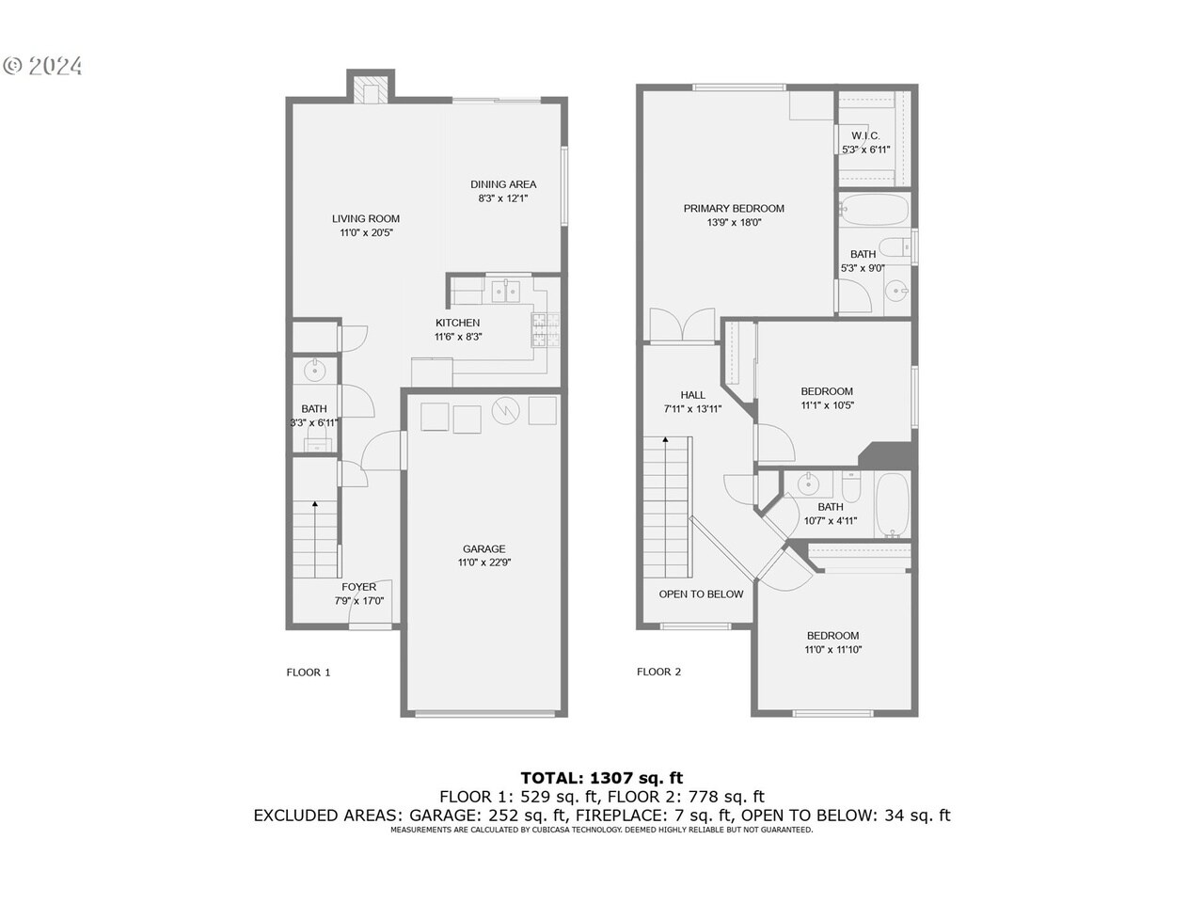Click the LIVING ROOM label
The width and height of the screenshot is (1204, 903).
tap(365, 218)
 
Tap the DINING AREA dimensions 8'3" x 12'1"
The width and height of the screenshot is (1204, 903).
tap(502, 198)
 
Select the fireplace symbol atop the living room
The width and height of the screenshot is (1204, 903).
tap(371, 90)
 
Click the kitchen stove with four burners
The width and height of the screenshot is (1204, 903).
tap(546, 330)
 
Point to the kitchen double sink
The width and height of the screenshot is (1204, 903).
tap(505, 291)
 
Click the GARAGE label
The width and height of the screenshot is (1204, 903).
tap(483, 548)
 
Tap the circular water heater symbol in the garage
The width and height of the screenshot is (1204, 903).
tap(505, 411)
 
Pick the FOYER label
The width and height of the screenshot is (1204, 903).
tap(358, 587)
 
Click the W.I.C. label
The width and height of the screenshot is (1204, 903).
tap(865, 135)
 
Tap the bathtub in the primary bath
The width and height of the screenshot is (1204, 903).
tap(874, 209)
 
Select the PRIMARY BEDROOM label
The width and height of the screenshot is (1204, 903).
tap(734, 209)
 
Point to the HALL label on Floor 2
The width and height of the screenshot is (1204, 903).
tap(692, 395)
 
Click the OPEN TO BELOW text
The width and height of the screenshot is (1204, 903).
tap(701, 594)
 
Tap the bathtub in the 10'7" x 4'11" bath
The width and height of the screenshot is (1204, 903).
tap(892, 505)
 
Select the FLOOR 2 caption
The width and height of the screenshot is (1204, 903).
tap(658, 672)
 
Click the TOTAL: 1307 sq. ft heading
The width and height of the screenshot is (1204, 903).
tap(602, 778)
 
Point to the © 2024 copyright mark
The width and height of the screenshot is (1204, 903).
tap(43, 65)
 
